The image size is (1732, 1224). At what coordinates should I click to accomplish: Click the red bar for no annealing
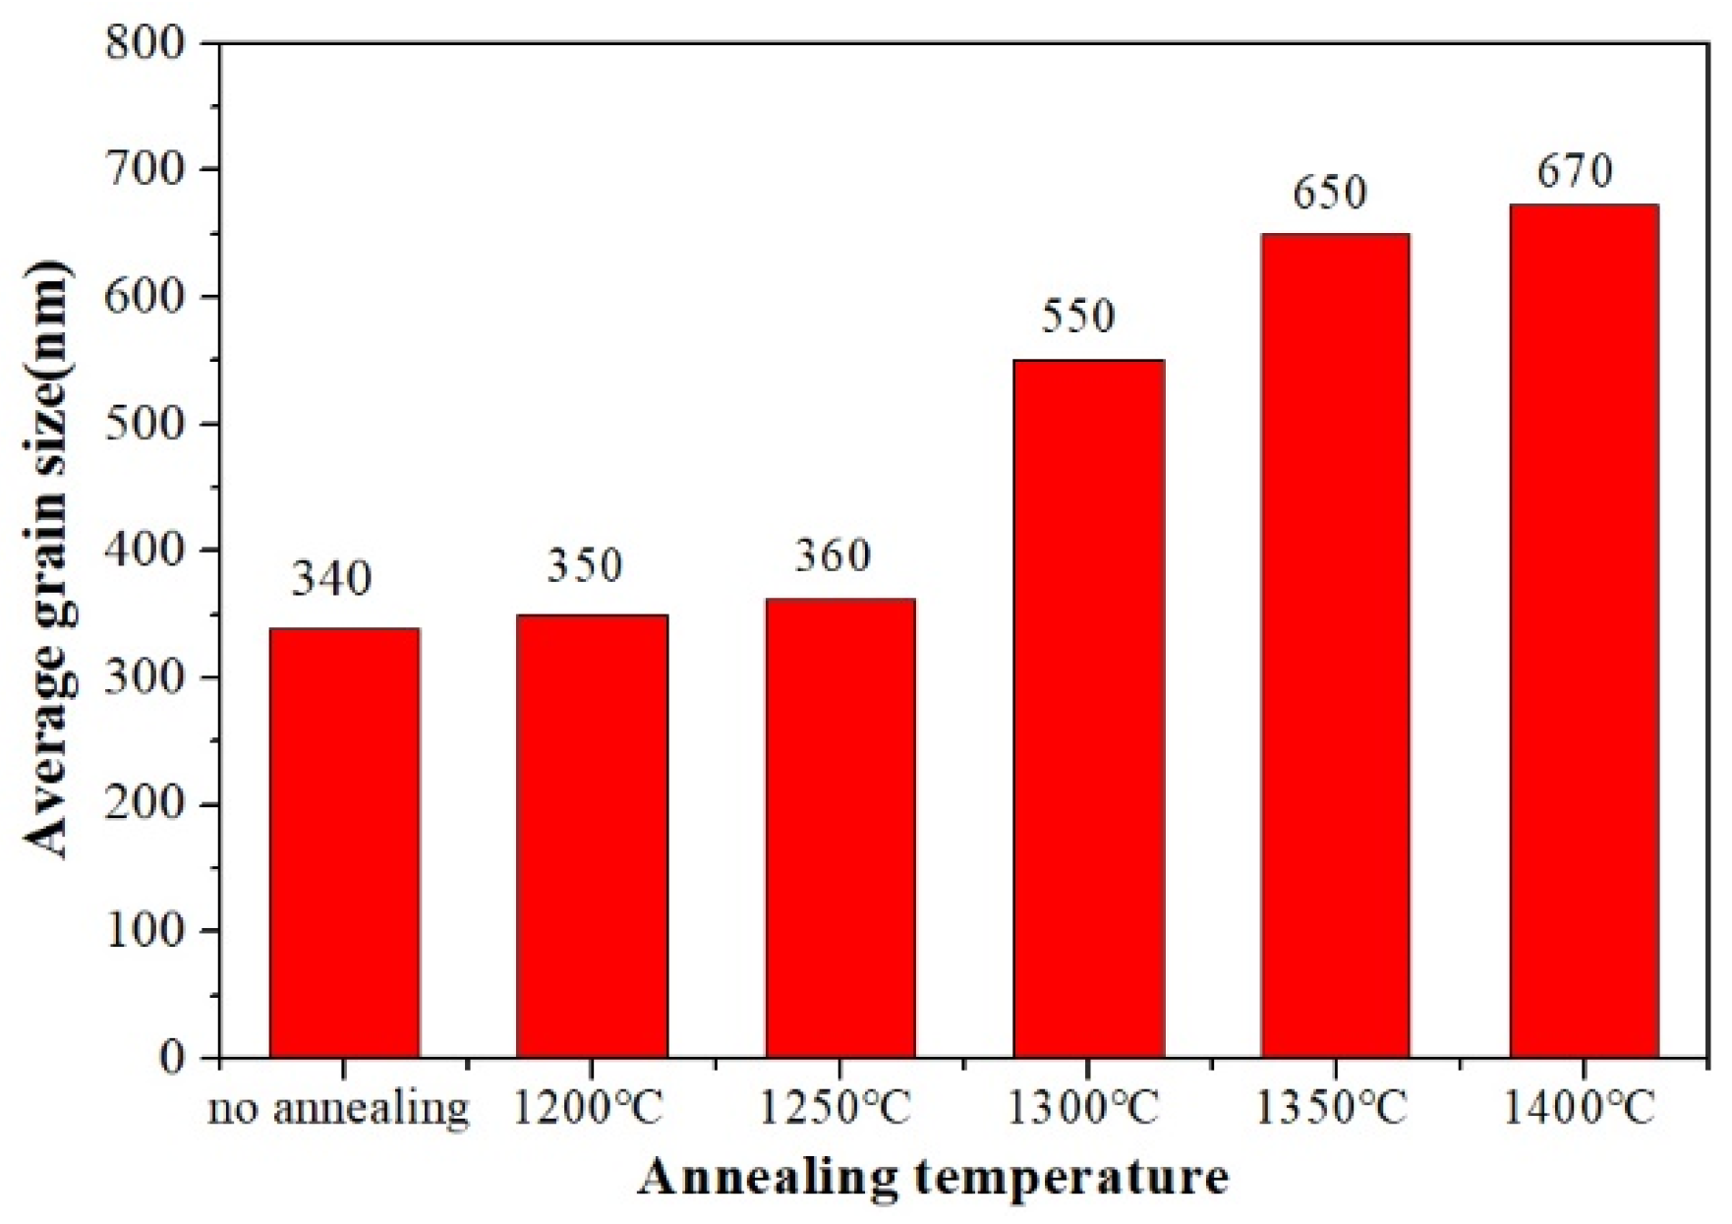tap(345, 843)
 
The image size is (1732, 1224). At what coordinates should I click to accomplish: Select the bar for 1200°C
tap(592, 836)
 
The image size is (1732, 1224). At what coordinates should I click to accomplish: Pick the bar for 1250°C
tap(839, 828)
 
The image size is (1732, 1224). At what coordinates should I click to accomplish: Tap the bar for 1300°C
tap(1088, 708)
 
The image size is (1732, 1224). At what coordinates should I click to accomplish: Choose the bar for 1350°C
tap(1335, 645)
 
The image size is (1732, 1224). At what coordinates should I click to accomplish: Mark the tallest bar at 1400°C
tap(1584, 630)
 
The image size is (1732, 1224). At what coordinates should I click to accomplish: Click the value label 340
tap(331, 579)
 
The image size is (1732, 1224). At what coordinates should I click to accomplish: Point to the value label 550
tap(1077, 316)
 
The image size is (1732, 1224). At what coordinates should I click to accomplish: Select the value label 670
tap(1575, 171)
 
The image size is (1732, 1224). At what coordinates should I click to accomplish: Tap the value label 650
tap(1329, 193)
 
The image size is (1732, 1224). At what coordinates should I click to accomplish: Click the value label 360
tap(833, 556)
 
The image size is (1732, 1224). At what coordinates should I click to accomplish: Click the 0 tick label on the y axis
tap(172, 1058)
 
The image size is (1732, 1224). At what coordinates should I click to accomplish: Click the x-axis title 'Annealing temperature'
tap(933, 1178)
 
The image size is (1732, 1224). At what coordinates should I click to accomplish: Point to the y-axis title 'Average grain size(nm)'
tap(46, 560)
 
